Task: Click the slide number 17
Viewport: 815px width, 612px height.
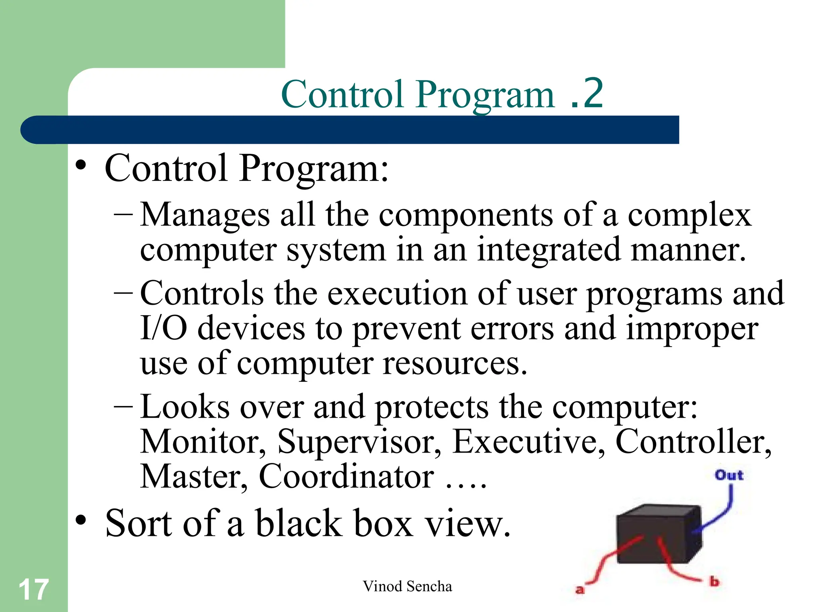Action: tap(33, 590)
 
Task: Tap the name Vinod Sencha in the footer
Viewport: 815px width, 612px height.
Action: tap(407, 586)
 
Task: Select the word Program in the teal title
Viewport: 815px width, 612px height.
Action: tap(485, 96)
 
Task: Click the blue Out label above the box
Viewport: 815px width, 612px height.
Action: tap(729, 475)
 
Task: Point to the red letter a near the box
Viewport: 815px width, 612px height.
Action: tap(580, 589)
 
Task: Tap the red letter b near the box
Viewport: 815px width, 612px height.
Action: tap(715, 581)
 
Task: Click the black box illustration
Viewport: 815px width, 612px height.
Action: tap(657, 534)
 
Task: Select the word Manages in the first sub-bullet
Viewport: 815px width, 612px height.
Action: tap(205, 216)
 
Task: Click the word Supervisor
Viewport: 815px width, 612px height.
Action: tap(359, 442)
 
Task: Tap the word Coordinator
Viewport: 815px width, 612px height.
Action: tap(346, 477)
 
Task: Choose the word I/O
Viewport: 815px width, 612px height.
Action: tap(164, 328)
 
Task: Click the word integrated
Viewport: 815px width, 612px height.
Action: tap(549, 250)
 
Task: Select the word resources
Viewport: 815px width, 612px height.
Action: tap(454, 363)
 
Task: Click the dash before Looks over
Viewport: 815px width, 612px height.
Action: tap(123, 407)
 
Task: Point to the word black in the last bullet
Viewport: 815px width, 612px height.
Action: tap(298, 524)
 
